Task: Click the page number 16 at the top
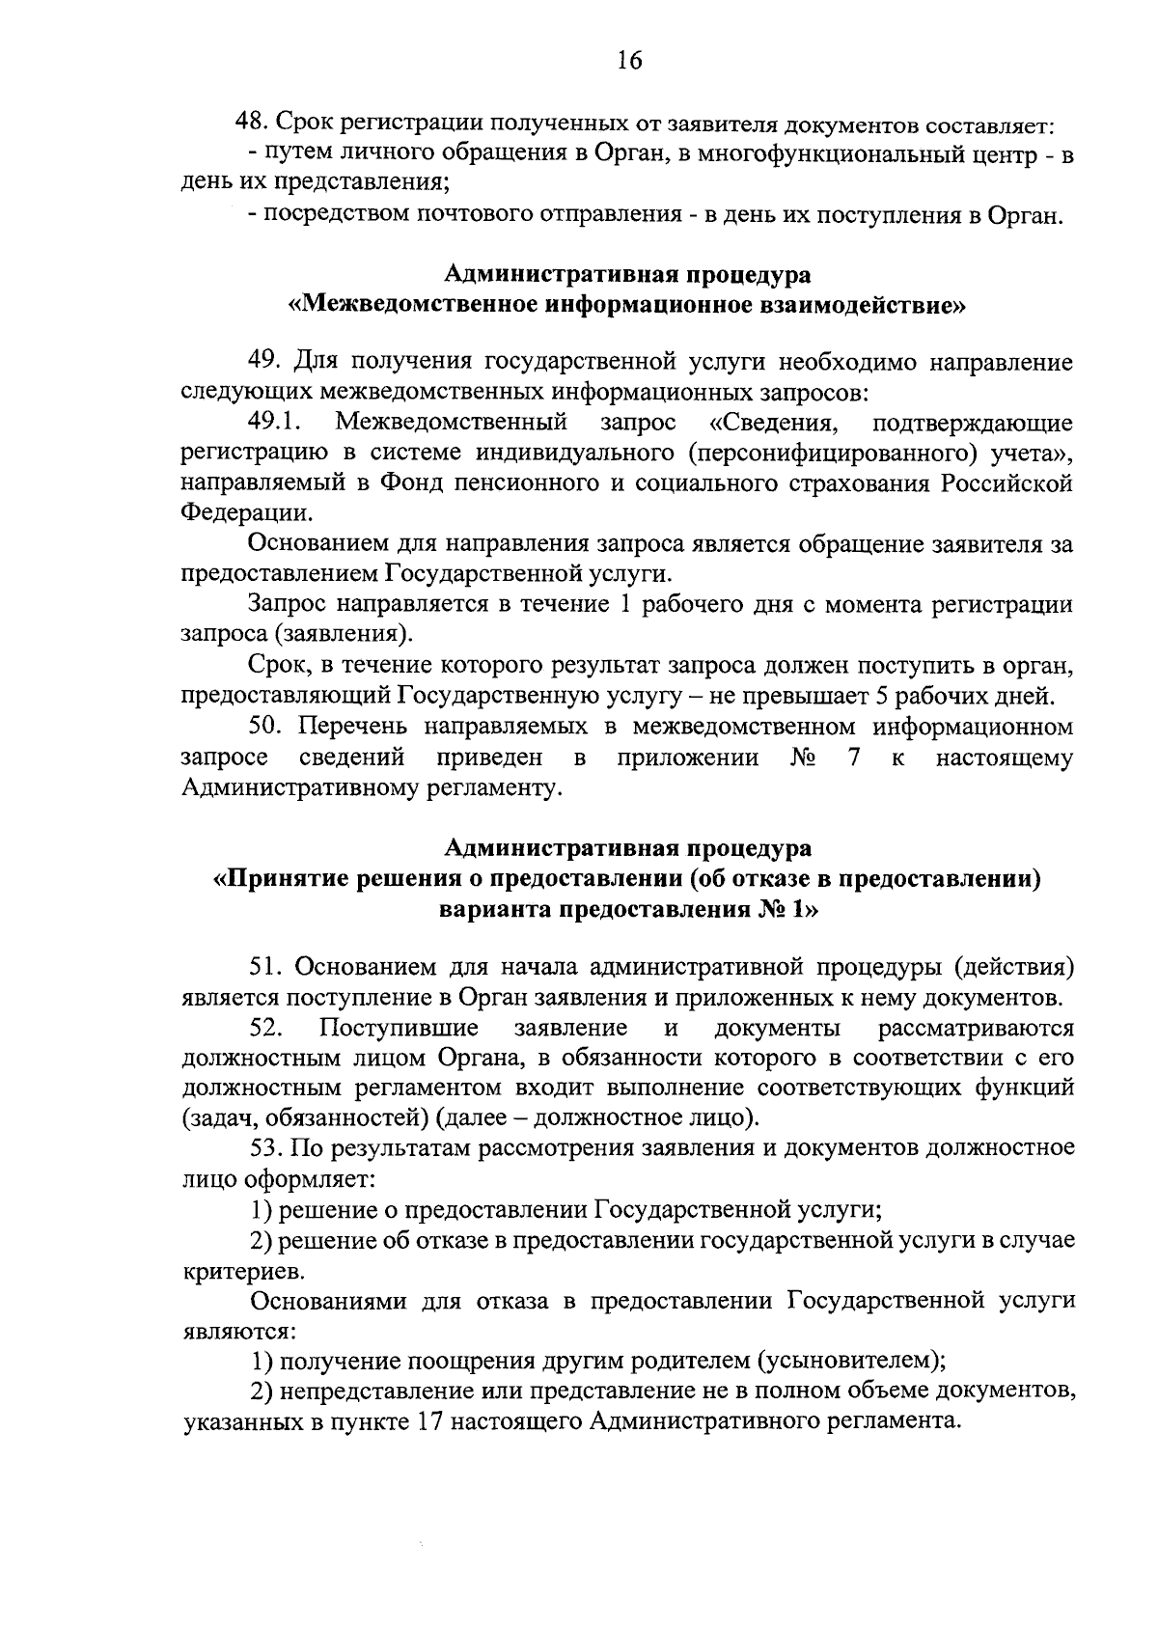pos(627,62)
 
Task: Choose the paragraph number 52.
pos(264,1028)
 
